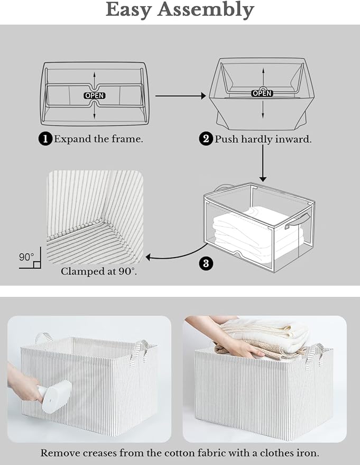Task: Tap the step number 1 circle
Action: tap(46, 139)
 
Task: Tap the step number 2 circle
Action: tap(206, 139)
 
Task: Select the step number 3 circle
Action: tap(206, 263)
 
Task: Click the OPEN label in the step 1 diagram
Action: tap(95, 96)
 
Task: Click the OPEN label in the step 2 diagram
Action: tap(262, 93)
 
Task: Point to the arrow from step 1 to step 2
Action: tap(180, 96)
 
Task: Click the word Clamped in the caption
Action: tap(80, 271)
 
